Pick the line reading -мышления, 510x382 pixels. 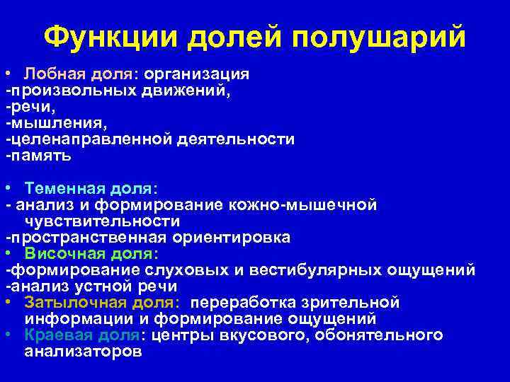pyautogui.click(x=57, y=124)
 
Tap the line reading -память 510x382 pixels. pyautogui.click(x=38, y=156)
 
